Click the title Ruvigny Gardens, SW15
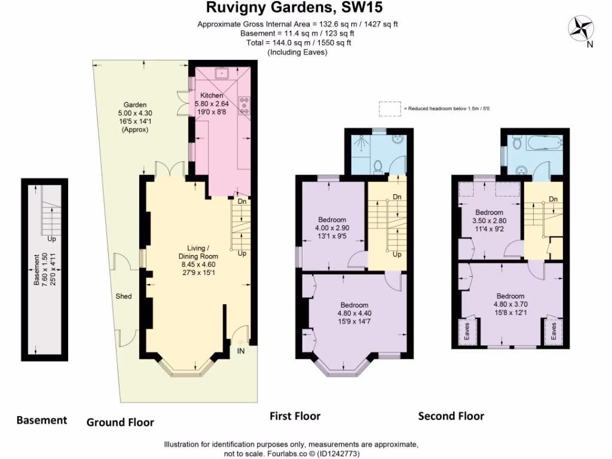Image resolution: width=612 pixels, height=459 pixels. point(294,8)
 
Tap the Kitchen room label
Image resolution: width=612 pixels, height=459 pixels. point(212,96)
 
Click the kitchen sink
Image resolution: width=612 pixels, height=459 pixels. point(224,74)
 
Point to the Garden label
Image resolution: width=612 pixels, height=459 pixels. point(134,105)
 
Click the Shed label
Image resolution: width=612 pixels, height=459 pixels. point(124,296)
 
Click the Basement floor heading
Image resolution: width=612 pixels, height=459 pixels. point(41,420)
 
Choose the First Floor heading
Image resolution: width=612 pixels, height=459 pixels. point(295,416)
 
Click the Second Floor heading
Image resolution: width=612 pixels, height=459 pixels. point(451,416)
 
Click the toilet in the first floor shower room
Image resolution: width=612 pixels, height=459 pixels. point(377,165)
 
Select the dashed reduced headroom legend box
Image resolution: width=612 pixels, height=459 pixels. point(390,108)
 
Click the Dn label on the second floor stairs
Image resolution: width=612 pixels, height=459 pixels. point(553,199)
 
